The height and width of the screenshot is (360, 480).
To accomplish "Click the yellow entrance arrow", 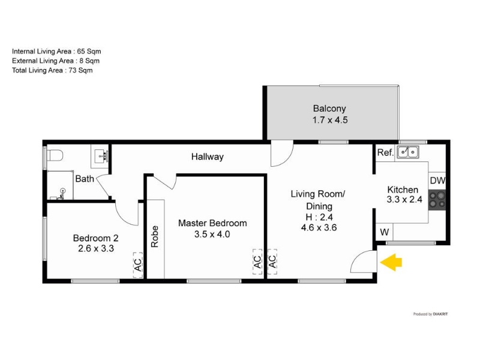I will [391, 262].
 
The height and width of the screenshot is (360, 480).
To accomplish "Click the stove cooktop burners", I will [437, 199].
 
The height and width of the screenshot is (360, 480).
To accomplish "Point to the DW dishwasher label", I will [437, 180].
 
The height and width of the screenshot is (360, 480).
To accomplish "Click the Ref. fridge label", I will [385, 153].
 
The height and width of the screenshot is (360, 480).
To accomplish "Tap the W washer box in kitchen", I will [384, 232].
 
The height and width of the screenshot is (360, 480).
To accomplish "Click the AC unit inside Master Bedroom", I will [257, 262].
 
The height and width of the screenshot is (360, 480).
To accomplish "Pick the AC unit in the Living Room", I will [272, 262].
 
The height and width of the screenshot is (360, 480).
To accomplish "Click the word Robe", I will [155, 237].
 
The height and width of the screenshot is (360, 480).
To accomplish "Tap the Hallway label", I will [207, 157].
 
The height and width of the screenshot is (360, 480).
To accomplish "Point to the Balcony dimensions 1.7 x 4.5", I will [330, 120].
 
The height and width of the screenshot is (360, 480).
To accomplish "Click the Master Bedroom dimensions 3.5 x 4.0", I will [212, 235].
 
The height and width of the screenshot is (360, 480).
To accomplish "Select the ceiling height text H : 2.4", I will [318, 217].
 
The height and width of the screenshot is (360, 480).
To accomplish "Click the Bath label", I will [84, 178].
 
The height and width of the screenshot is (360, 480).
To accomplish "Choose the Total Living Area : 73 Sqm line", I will [52, 70].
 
